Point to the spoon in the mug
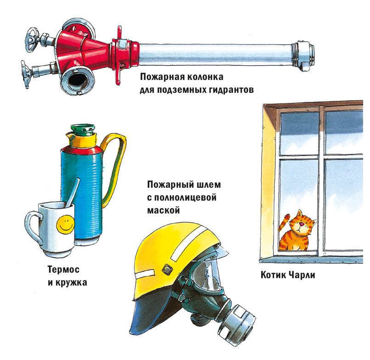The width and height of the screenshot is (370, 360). tap(72, 193)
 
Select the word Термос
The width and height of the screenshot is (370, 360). tap(63, 270)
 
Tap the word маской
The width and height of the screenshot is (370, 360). tap(163, 210)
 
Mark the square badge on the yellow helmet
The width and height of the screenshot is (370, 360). tap(167, 269)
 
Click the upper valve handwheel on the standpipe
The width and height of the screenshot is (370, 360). tap(32, 39)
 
